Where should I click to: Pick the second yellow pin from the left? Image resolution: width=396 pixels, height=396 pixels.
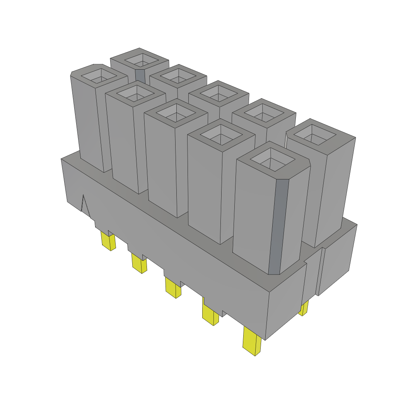(x=139, y=263)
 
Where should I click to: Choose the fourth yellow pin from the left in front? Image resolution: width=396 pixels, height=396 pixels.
(x=210, y=314)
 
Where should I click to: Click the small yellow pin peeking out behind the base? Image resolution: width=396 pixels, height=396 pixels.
(x=304, y=308)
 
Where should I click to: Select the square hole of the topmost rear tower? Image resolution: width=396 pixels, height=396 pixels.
(x=140, y=60)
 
